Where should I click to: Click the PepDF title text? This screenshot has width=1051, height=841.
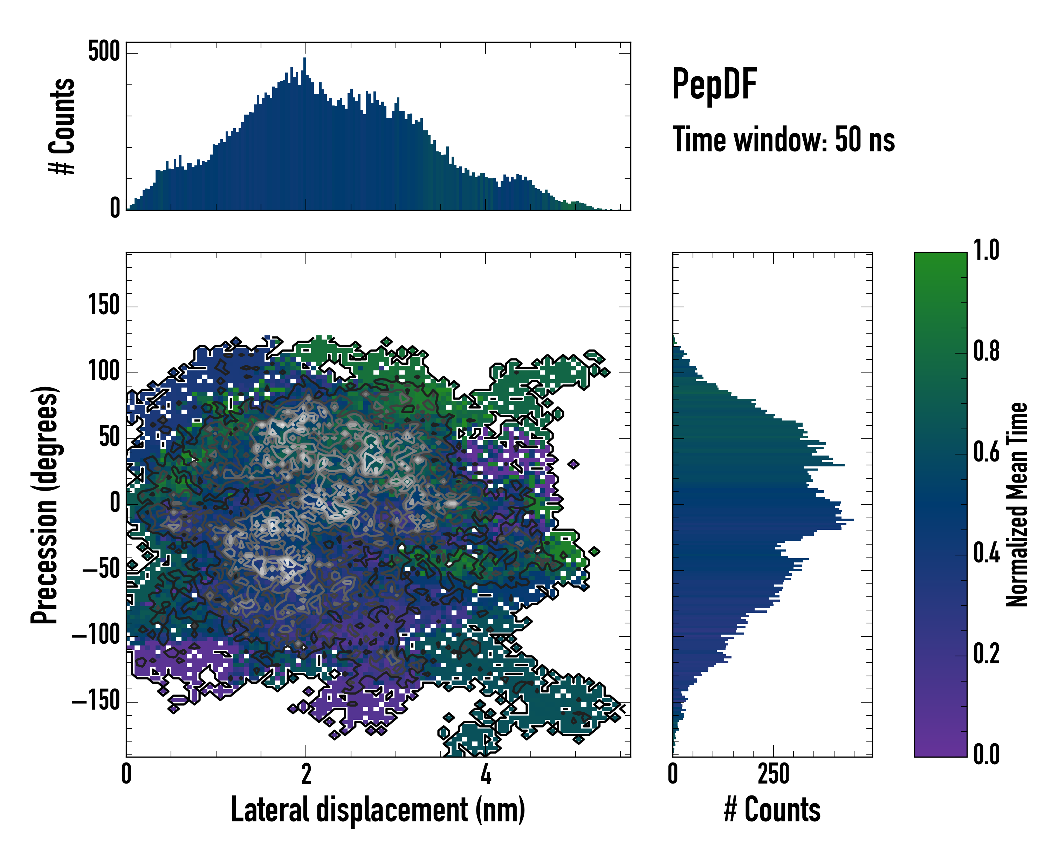point(714,84)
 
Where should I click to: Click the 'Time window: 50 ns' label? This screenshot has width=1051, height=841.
point(783,139)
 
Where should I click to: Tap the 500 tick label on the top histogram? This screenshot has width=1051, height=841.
point(104,51)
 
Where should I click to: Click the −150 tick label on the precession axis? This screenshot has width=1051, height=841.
point(96,701)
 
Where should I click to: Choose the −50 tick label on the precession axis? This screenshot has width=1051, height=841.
point(101,569)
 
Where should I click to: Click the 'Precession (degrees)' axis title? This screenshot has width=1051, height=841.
point(45,505)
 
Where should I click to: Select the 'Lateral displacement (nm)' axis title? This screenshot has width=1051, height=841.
point(378,809)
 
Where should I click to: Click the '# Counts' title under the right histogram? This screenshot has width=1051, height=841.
point(772,809)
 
